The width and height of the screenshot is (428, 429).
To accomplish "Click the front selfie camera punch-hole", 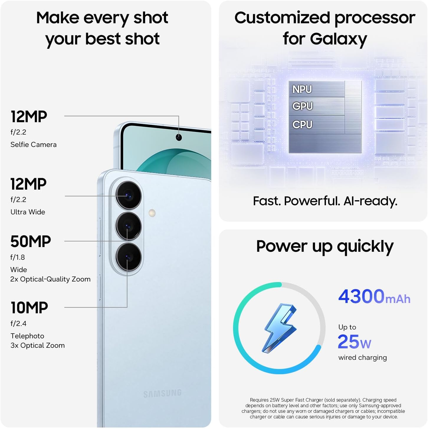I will coord(179,137).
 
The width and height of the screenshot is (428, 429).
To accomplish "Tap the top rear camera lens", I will coord(128,196).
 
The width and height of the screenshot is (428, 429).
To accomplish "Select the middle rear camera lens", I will coord(128,226).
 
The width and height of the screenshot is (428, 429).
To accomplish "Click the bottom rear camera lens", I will coord(128,257).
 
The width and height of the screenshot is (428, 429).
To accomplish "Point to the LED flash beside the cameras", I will coord(152,213).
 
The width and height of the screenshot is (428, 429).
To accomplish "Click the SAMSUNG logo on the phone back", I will coord(163,393).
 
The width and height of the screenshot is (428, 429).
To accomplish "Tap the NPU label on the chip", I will coord(302,89).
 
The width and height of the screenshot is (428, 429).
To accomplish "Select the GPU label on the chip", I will coord(302,106).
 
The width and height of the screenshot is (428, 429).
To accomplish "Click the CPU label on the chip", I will coord(302,125).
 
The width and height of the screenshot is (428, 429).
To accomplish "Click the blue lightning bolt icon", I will coord(279,328).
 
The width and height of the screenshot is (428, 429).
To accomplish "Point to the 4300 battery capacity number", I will coord(361,296).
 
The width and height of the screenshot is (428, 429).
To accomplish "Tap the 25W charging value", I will coord(354,342).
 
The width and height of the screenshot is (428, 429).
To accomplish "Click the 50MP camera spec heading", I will coord(31,241).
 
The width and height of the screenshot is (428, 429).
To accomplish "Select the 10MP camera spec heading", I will coord(29,308).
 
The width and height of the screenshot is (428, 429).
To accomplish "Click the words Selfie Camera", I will coord(33,145).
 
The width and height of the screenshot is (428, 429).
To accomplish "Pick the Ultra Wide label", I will coord(28,212).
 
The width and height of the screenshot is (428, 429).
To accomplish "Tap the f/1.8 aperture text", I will coord(18,257).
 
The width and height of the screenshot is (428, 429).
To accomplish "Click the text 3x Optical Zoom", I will coord(37,345).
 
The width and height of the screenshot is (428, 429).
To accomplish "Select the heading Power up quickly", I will coord(325,246).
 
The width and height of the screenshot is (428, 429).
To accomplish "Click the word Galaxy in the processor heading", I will coord(338,39).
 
